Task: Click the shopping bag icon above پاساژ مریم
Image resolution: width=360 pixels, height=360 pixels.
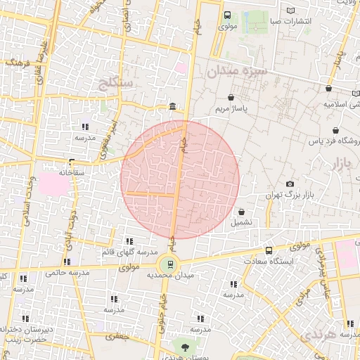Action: (x=231, y=98)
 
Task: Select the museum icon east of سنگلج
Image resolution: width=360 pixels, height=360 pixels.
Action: (x=173, y=107)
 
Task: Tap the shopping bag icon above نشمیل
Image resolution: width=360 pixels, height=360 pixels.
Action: (x=242, y=211)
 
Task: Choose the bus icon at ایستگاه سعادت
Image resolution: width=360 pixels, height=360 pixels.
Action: (x=269, y=250)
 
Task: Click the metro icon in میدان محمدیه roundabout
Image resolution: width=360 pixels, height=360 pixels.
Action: (x=169, y=265)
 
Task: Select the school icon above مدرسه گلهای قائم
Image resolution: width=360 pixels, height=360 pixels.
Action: (x=128, y=240)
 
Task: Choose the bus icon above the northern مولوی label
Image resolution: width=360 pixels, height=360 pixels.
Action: (x=227, y=15)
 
